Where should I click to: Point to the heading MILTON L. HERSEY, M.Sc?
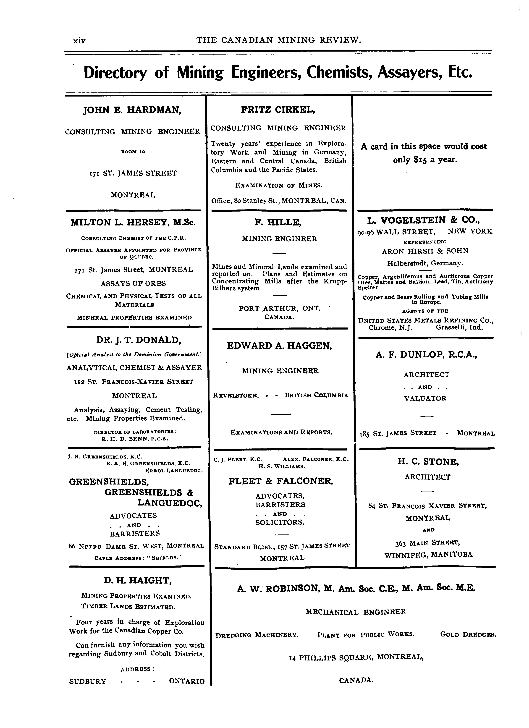133,223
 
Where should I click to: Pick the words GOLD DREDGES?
468,635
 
